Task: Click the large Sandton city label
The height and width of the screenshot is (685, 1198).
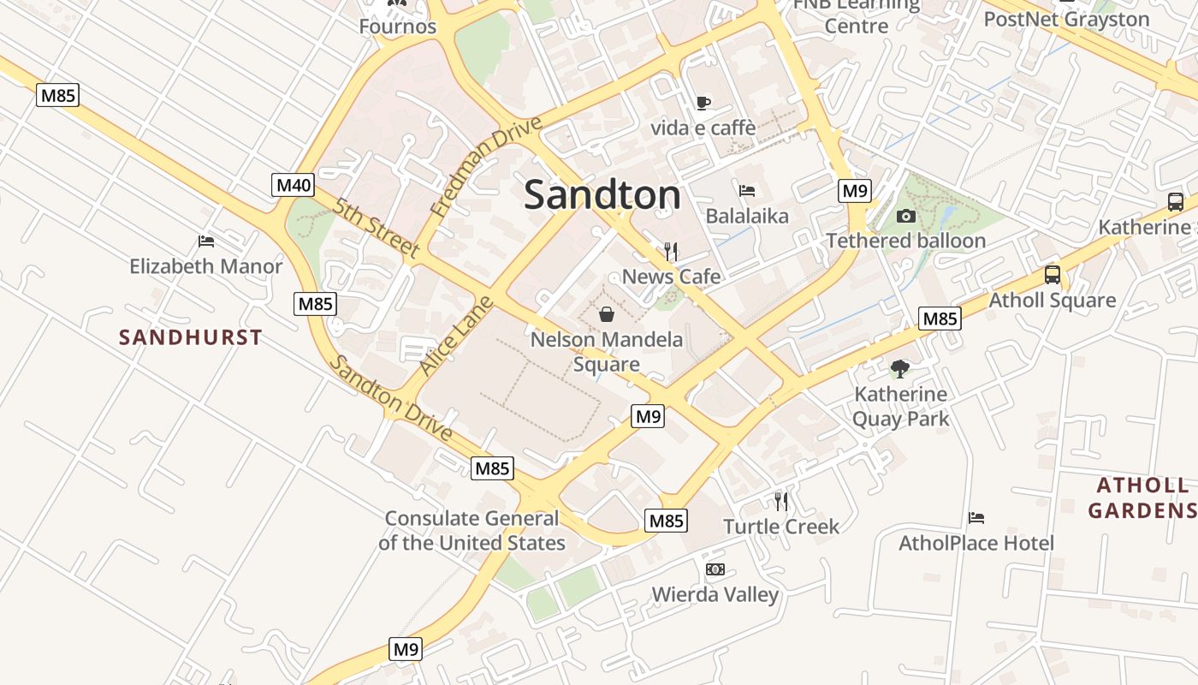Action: [x=602, y=195]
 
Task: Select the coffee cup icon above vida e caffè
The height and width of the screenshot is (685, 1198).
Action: [x=703, y=103]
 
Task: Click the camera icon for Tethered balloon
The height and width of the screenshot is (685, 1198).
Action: [x=906, y=216]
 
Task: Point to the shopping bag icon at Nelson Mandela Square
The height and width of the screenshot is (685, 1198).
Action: [x=607, y=314]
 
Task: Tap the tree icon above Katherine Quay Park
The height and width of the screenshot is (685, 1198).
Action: [x=899, y=369]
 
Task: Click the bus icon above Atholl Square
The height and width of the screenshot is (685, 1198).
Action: [x=1053, y=276]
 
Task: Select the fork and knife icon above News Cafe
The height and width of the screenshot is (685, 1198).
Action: [x=671, y=251]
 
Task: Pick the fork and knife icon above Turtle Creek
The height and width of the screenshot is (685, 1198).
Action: [x=780, y=501]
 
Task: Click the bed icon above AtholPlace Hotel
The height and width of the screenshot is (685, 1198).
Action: [x=976, y=518]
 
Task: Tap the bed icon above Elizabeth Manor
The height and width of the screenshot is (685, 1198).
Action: [x=206, y=241]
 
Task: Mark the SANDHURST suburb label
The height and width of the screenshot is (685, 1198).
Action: [x=191, y=337]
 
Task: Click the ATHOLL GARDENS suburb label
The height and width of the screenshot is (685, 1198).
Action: [x=1143, y=498]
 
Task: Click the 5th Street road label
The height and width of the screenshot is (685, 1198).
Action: [x=377, y=229]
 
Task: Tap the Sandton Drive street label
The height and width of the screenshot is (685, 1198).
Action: [x=391, y=398]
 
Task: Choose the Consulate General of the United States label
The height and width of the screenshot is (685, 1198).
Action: [x=471, y=530]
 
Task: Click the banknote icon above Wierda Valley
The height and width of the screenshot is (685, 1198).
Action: [x=715, y=569]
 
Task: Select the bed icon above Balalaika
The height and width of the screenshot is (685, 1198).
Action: [x=747, y=190]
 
